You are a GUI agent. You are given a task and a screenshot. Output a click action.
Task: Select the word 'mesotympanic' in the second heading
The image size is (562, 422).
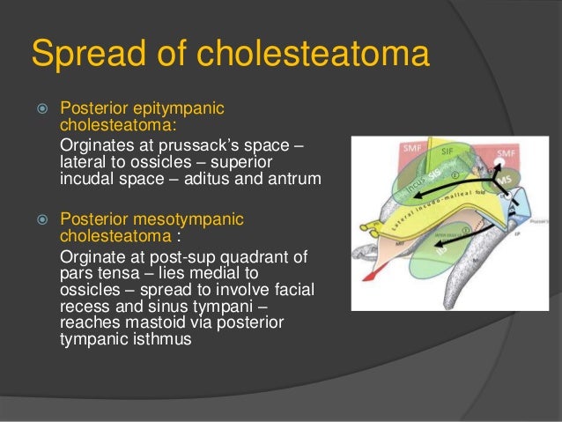[x=181, y=219]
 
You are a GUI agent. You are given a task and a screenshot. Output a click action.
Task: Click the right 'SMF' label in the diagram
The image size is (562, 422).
[x=507, y=153]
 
